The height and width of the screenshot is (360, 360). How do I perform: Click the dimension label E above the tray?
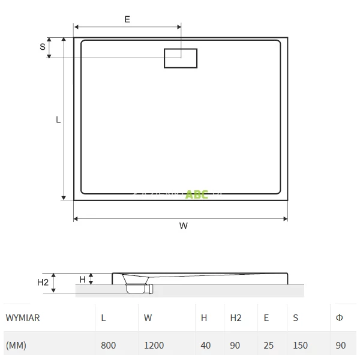(127, 19)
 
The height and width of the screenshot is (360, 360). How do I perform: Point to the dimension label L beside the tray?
(58, 119)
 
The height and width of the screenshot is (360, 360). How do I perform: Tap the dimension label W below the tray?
(183, 226)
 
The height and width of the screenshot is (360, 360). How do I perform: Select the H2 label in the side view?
(43, 282)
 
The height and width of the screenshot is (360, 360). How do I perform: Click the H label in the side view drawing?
(82, 278)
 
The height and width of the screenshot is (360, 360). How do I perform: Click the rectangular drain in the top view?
(181, 58)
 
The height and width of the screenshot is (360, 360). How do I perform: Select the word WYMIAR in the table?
(22, 318)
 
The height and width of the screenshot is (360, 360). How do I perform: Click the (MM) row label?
(16, 346)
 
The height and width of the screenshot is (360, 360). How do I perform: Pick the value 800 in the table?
(109, 346)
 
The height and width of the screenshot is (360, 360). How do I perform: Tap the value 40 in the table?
(206, 346)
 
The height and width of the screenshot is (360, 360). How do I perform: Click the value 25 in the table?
(268, 346)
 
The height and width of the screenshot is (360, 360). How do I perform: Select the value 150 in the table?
(301, 346)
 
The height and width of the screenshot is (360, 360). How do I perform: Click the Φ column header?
(340, 318)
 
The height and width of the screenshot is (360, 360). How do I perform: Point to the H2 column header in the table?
(236, 318)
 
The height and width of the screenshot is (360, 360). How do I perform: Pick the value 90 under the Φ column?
(341, 346)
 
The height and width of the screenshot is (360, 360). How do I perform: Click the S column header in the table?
(296, 318)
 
